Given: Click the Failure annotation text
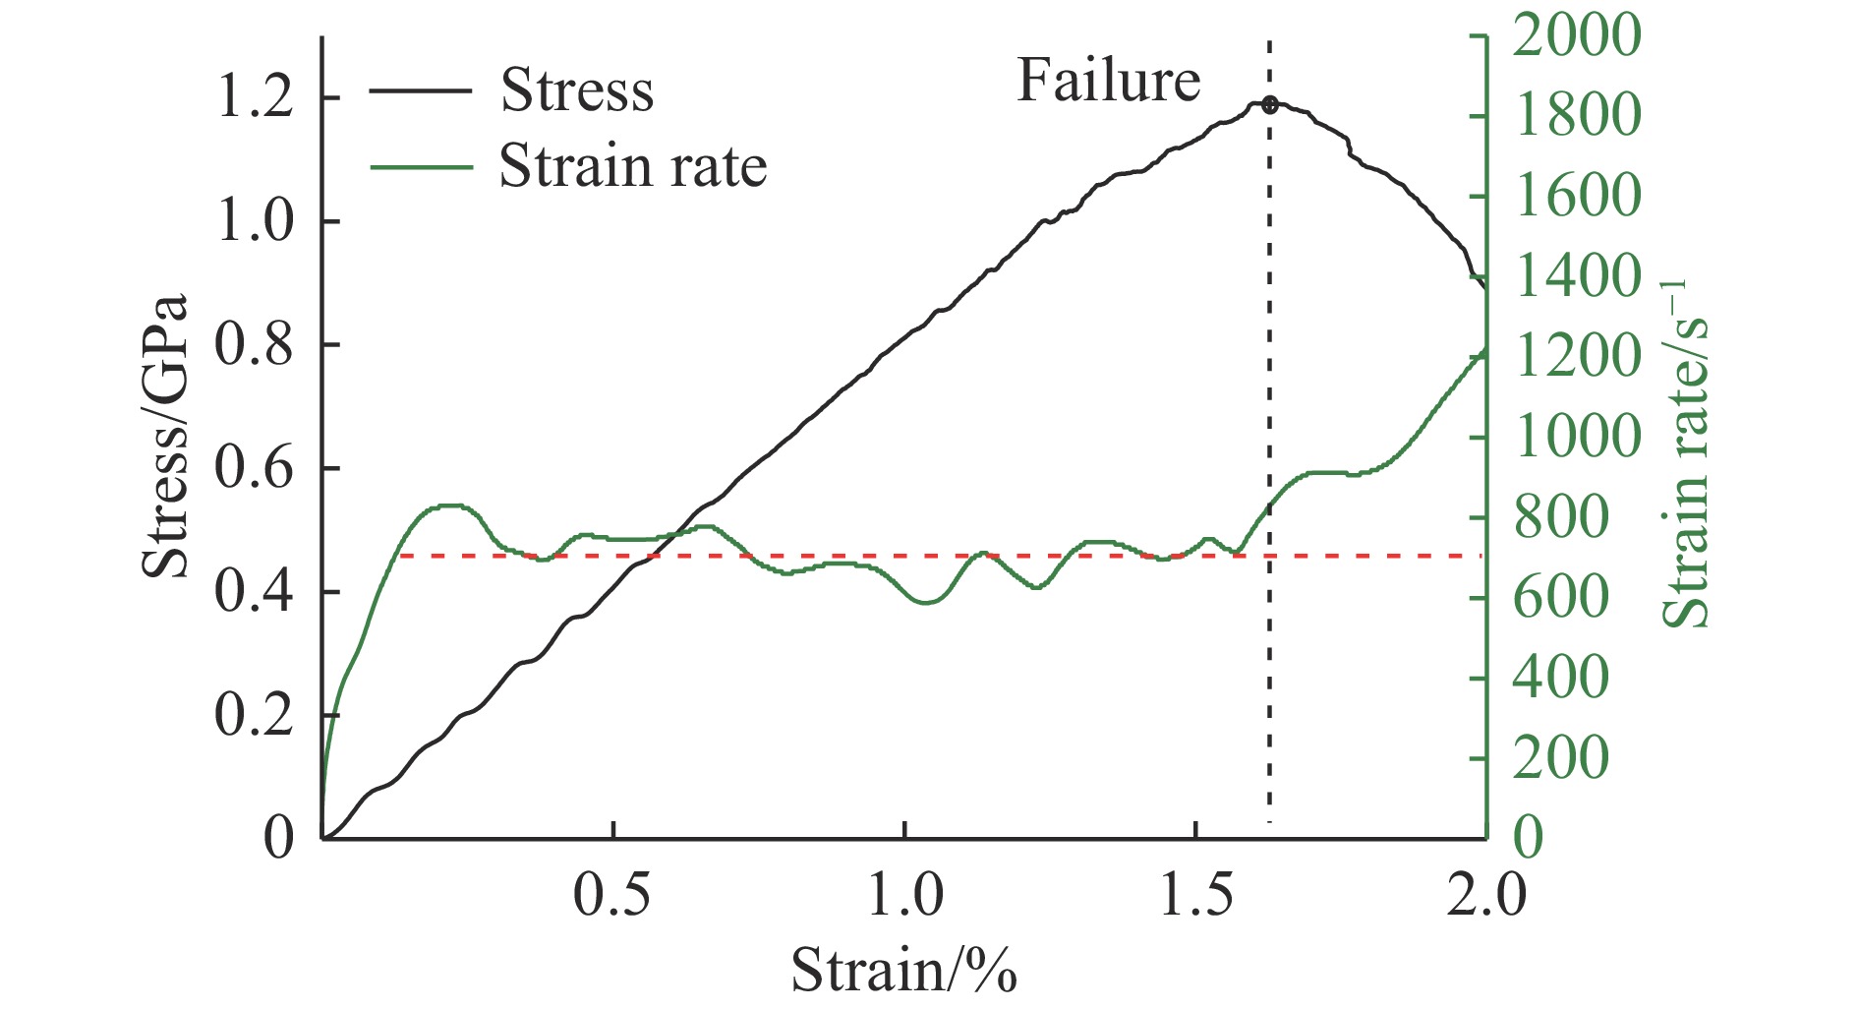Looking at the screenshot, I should click(x=1108, y=81).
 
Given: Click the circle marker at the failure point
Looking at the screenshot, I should click(x=1270, y=104).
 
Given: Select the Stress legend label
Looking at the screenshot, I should click(x=577, y=90).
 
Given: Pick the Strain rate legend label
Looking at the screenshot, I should click(x=632, y=165).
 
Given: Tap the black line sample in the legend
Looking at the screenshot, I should click(x=421, y=90).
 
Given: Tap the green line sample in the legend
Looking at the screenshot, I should click(x=421, y=165).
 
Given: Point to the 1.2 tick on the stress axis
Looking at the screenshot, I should click(x=255, y=98).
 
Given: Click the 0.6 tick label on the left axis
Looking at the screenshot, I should click(x=255, y=468).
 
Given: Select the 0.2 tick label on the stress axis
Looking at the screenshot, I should click(x=255, y=715).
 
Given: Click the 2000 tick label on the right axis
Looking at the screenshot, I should click(x=1577, y=35).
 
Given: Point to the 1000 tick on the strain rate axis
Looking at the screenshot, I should click(x=1577, y=436).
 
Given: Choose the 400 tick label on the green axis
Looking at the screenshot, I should click(x=1561, y=677).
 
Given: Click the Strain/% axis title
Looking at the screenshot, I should click(x=903, y=970).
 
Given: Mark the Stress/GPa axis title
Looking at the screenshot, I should click(x=164, y=438).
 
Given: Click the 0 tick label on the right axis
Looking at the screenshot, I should click(x=1529, y=838).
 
